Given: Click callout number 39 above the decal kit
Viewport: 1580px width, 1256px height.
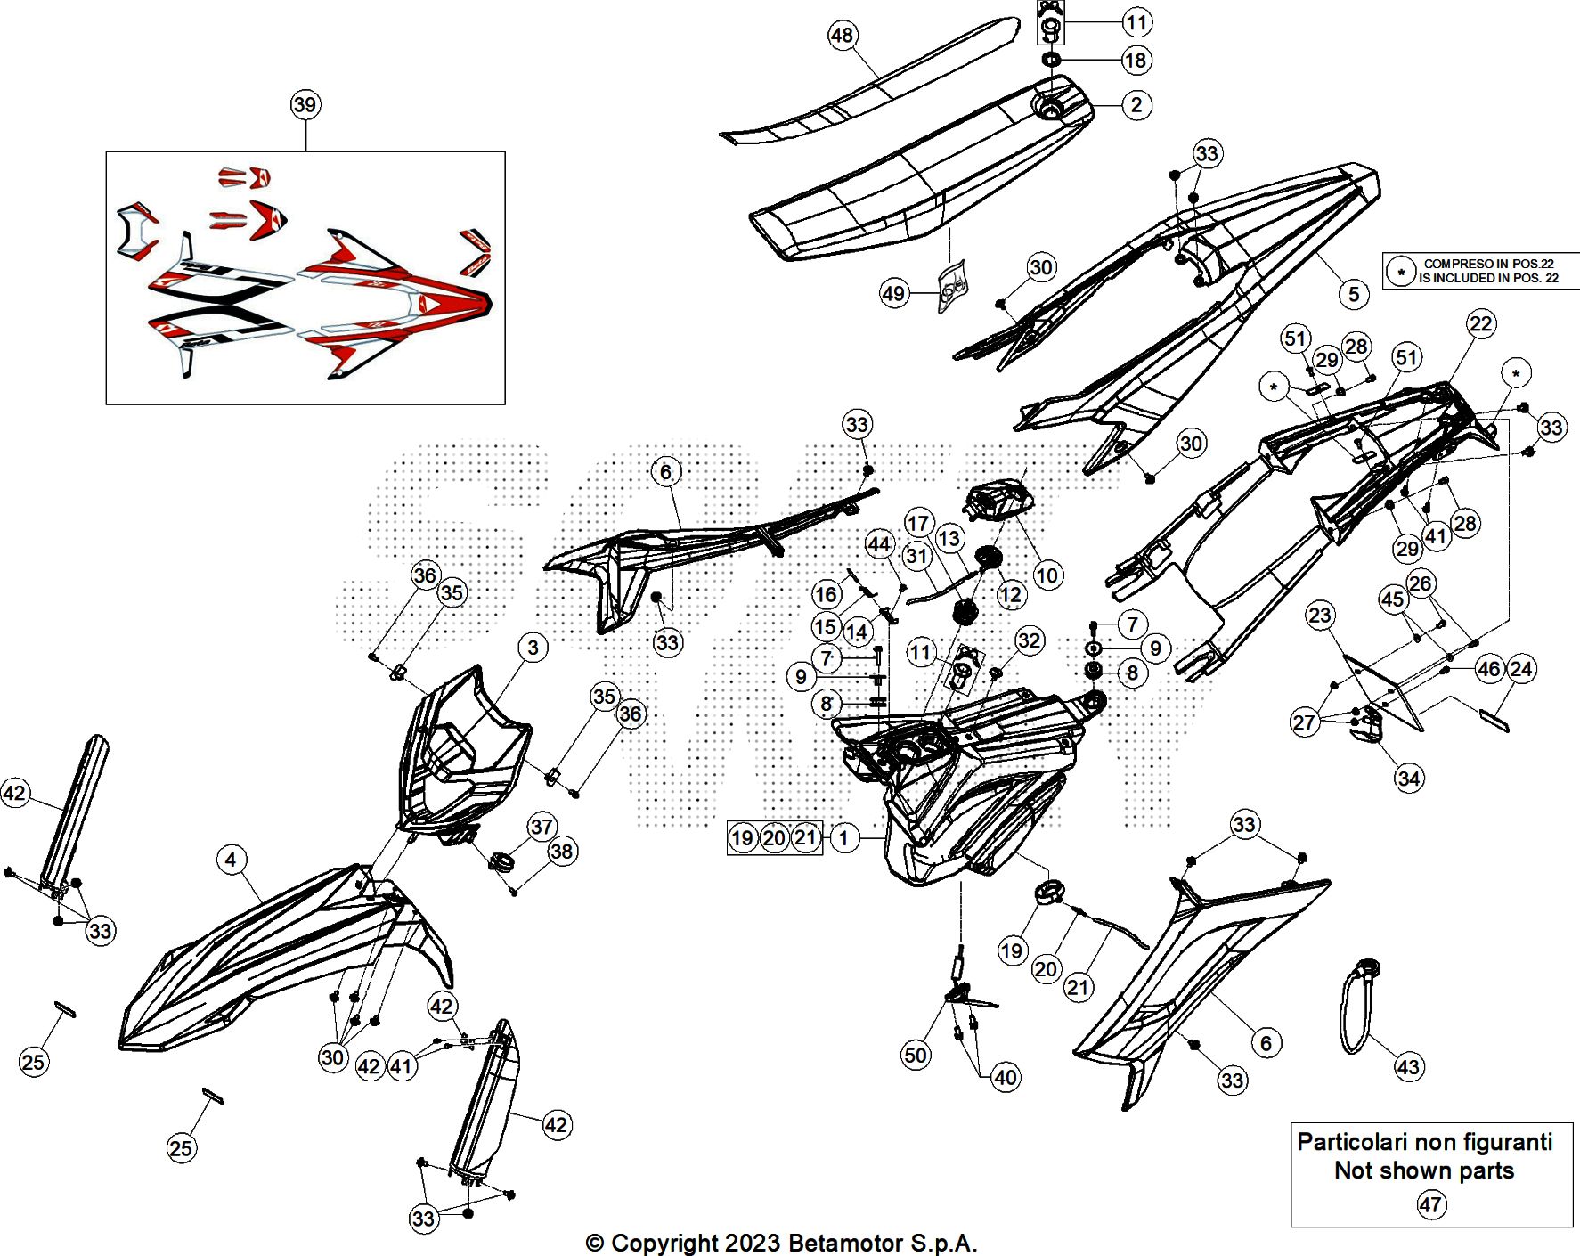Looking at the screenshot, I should [x=305, y=104].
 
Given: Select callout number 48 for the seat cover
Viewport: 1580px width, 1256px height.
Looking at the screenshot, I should [x=842, y=36].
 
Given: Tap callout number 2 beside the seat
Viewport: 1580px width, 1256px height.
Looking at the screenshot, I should [x=1136, y=105].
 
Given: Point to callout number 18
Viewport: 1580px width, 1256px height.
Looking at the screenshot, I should [x=1135, y=61].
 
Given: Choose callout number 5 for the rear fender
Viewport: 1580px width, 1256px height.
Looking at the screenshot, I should [x=1354, y=294].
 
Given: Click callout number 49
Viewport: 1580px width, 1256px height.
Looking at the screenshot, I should [x=893, y=293].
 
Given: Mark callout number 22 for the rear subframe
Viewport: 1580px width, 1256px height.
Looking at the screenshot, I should [x=1480, y=323].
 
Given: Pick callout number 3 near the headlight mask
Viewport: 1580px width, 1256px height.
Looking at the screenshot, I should [x=533, y=648].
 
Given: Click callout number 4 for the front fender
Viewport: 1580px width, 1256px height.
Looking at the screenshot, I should [x=231, y=860].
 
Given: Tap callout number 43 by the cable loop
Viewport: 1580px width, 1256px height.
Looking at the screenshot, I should [x=1408, y=1066].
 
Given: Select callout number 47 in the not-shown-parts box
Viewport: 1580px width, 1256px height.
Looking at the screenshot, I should [x=1430, y=1204].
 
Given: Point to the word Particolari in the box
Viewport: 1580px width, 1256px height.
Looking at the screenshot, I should [x=1348, y=1142].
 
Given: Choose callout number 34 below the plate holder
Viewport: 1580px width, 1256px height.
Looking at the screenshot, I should [x=1408, y=779].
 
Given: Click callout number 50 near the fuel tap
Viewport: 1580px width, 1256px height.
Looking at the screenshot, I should [x=916, y=1056].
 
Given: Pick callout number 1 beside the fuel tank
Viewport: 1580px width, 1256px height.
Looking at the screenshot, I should [x=843, y=837].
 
